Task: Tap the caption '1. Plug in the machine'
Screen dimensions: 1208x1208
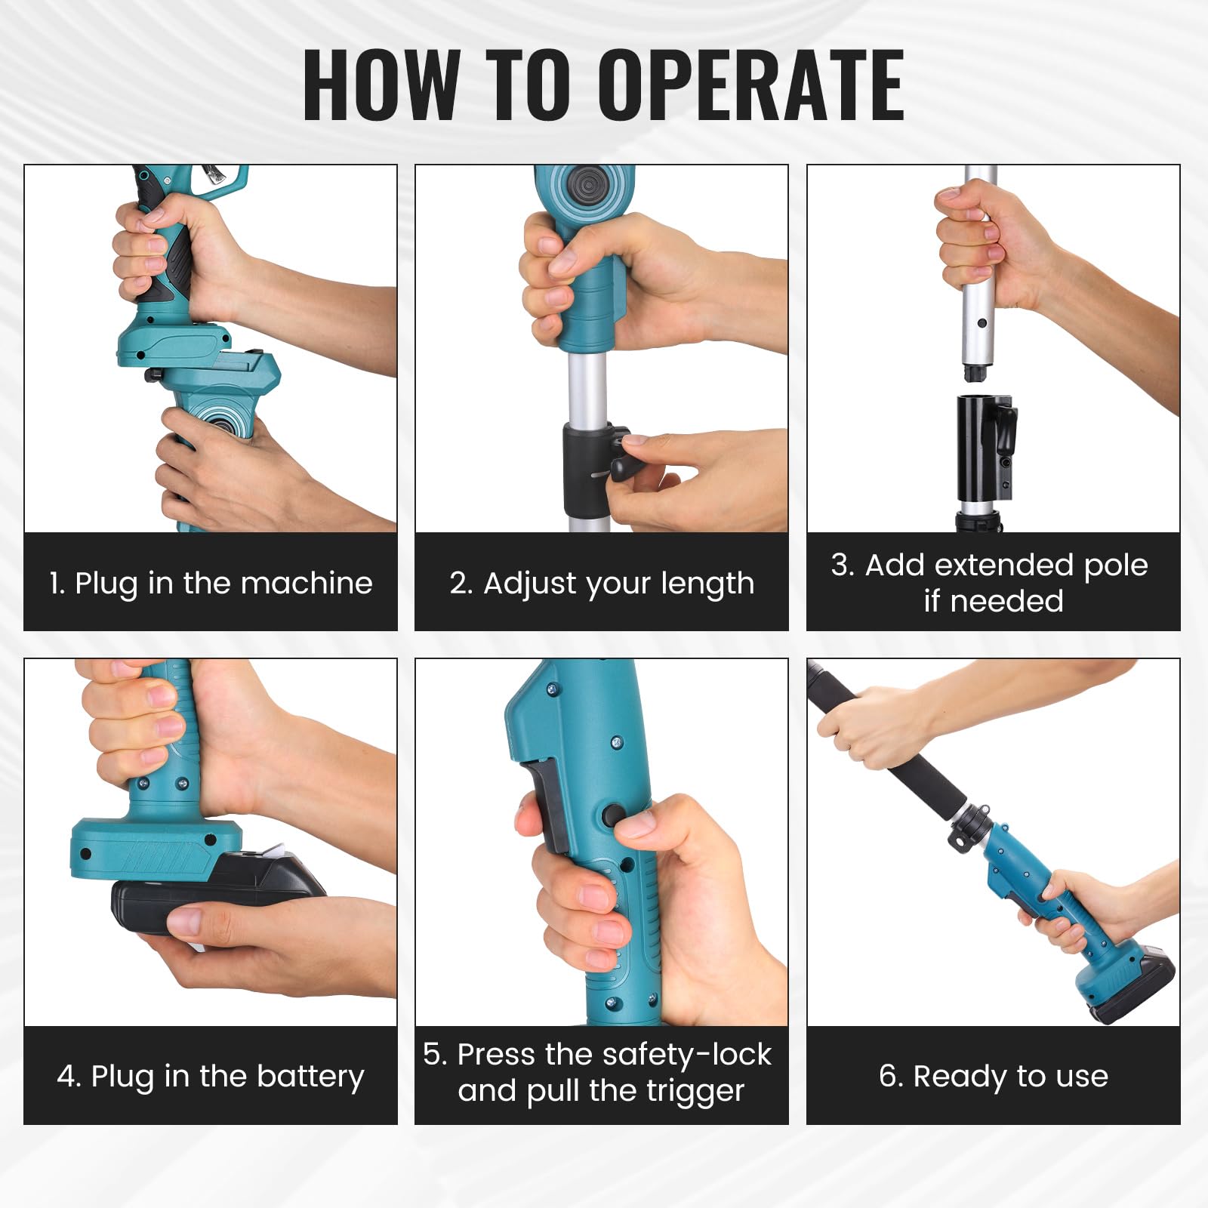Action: pos(211,584)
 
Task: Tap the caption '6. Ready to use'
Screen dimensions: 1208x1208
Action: pos(994,1077)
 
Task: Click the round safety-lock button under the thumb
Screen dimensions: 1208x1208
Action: pos(613,817)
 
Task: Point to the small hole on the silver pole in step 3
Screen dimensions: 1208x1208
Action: pos(981,323)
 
